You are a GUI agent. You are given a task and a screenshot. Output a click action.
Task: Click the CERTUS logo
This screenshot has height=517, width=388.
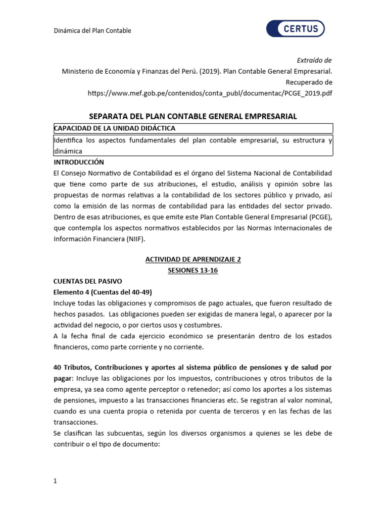tap(296, 29)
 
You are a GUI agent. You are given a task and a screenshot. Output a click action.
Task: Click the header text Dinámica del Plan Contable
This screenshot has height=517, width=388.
tap(92, 31)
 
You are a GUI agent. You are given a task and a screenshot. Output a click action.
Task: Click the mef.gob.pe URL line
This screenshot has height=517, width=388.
tap(210, 93)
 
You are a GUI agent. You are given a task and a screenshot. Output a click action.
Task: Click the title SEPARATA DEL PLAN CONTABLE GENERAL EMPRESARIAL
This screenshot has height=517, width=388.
tap(193, 117)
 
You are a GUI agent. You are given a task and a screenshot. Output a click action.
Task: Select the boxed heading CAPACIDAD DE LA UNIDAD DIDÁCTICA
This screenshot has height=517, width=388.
tap(115, 128)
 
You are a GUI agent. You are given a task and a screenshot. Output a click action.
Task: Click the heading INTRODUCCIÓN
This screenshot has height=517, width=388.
tap(78, 162)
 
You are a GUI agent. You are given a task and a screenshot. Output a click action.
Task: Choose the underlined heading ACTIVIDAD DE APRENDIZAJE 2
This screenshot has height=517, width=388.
tap(193, 260)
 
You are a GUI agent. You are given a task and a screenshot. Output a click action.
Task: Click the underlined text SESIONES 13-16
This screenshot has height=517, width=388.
tap(193, 271)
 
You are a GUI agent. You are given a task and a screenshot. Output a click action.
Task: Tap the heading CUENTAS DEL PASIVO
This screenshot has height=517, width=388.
tap(87, 281)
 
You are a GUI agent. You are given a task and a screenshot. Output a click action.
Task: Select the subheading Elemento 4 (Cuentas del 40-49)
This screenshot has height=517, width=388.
tap(103, 292)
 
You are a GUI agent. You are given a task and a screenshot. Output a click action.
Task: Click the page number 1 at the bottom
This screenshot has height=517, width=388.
tap(56, 481)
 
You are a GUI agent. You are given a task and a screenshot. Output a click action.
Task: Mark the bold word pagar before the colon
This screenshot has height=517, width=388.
tap(63, 378)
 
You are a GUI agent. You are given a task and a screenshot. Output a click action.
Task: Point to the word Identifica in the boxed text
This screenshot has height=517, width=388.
tap(70, 140)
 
